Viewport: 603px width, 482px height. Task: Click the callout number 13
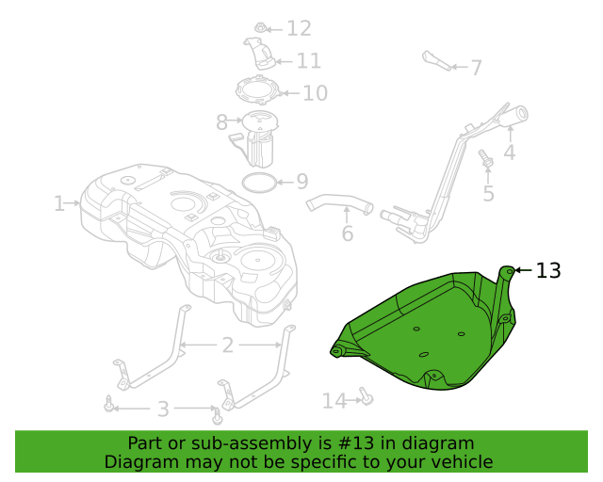548,270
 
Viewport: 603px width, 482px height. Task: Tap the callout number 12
299,28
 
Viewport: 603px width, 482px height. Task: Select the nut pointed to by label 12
260,27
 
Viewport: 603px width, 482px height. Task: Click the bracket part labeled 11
260,54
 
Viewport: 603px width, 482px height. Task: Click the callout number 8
221,122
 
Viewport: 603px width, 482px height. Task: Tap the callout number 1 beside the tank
58,203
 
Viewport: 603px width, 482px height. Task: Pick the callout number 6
348,233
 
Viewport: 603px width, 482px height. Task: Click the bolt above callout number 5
486,158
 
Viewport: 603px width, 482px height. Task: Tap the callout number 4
510,153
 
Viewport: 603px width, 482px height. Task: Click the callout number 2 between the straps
228,345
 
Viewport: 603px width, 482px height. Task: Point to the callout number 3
163,409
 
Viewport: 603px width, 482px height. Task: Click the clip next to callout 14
367,396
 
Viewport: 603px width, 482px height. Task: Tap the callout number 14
334,401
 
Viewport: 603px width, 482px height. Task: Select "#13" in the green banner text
356,443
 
